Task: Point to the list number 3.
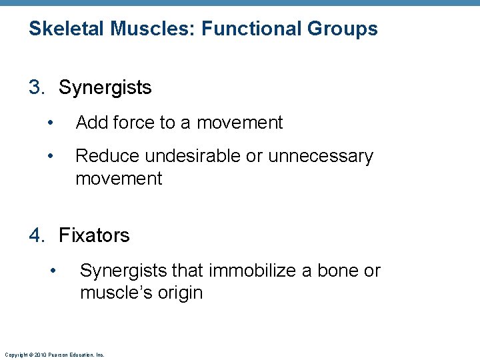coord(37,87)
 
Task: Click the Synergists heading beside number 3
coord(105,87)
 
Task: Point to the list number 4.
coord(37,235)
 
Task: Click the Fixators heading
coord(94,235)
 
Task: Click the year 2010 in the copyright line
coord(41,355)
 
